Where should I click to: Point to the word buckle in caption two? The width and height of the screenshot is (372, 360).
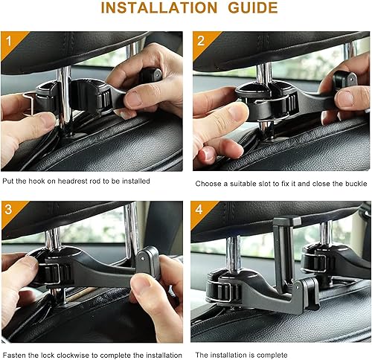347,183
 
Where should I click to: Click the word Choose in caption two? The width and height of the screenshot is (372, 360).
209,183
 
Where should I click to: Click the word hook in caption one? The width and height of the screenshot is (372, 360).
38,181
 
